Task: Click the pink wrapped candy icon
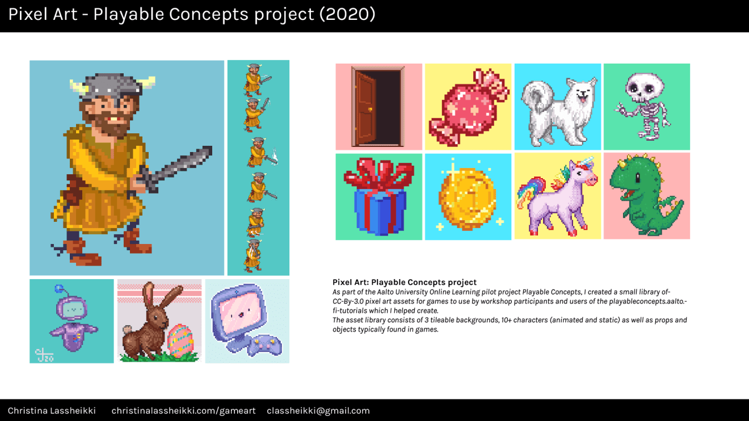(468, 107)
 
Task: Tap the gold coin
(468, 195)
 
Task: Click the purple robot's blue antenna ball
(58, 289)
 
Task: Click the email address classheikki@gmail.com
(318, 411)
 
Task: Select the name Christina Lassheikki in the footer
(52, 411)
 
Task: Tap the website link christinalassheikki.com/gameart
(183, 411)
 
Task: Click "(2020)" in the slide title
(347, 14)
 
